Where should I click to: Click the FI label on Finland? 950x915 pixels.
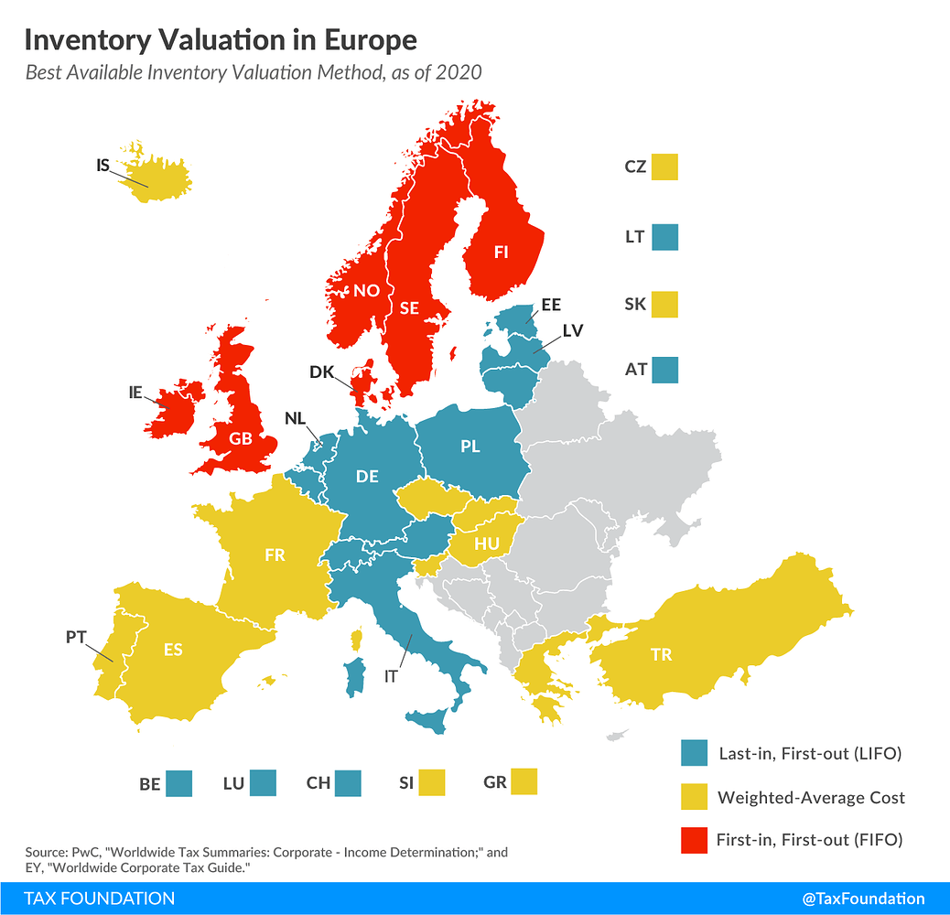pos(501,252)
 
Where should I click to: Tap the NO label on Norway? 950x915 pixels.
pos(366,291)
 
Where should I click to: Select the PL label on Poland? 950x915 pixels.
pos(470,447)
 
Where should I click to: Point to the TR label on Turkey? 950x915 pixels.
pos(661,654)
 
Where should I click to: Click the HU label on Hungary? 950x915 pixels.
pos(486,544)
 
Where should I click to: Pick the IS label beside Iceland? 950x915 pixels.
pos(103,166)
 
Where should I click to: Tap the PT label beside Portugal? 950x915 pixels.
pos(76,637)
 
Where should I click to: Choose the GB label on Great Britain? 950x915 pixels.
pos(241,438)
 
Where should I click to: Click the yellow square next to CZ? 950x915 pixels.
pos(665,167)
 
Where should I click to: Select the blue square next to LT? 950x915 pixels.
pos(665,237)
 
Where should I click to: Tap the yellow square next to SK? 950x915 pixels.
pos(665,305)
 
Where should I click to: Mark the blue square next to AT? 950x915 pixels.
pos(665,371)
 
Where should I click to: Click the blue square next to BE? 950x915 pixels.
pos(179,784)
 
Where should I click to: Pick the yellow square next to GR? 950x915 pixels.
pos(524,782)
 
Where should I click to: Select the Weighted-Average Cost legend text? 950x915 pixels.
pos(811,797)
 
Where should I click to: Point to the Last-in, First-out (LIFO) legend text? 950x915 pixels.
pos(811,754)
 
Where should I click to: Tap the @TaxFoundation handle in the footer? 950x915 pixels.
pos(863,899)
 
